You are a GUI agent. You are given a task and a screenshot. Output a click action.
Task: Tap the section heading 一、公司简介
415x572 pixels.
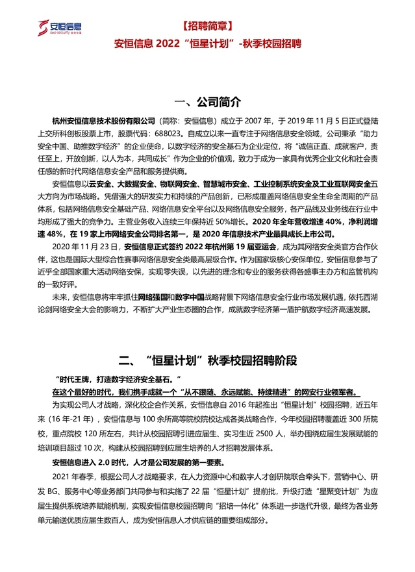pyautogui.click(x=207, y=102)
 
